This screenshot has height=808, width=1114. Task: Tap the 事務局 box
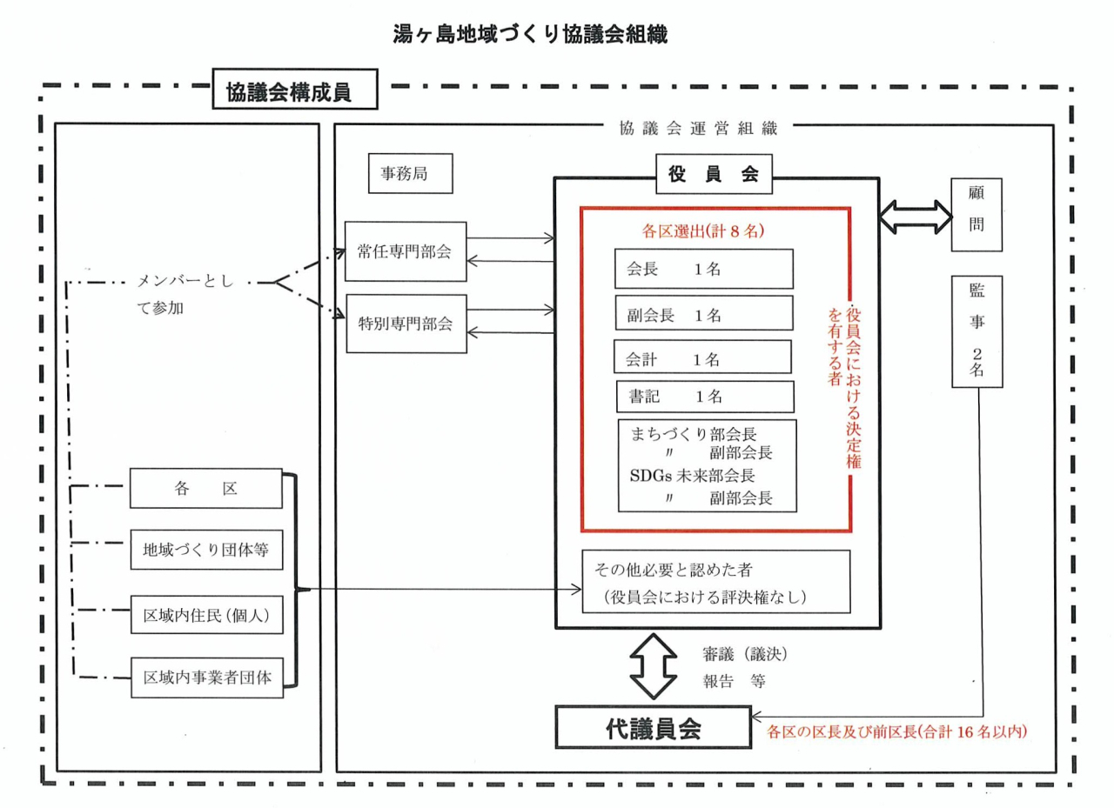409,173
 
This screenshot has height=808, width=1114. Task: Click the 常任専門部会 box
406,252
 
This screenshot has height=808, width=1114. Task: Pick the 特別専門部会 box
406,324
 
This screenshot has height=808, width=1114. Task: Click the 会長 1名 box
703,270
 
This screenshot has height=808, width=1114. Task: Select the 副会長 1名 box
703,314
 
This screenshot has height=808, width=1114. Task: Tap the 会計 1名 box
701,357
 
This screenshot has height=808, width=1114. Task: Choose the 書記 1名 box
705,396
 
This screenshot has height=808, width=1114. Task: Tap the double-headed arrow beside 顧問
914,214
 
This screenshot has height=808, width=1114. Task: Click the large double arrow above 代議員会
653,665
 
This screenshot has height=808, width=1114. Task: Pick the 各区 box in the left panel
206,489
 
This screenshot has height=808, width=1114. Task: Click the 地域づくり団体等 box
206,549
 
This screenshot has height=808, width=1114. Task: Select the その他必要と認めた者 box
715,582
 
